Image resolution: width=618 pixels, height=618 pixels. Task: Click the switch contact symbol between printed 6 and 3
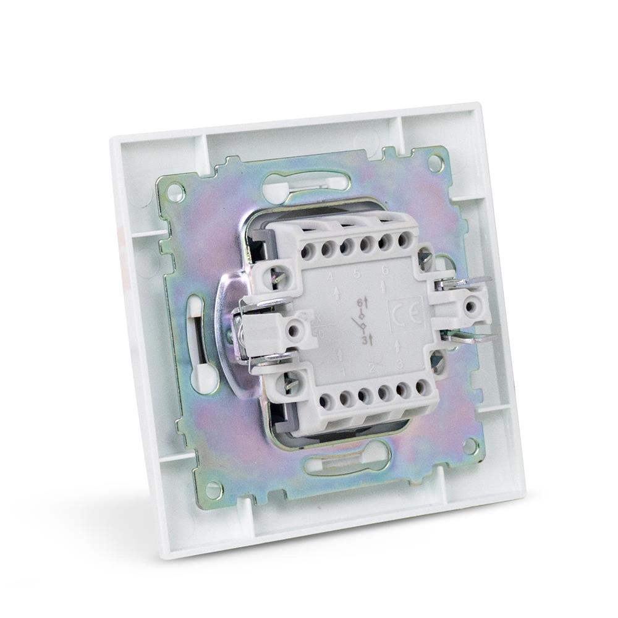(362, 323)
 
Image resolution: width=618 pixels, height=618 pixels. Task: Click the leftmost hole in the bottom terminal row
(326, 402)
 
